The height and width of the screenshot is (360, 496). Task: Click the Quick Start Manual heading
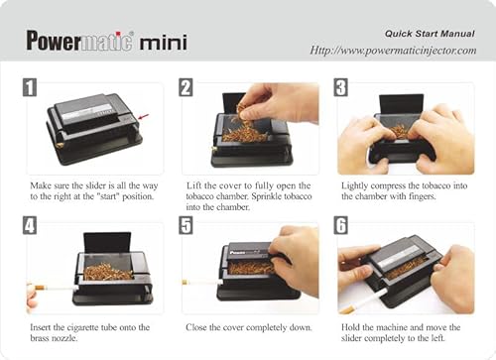click(428, 32)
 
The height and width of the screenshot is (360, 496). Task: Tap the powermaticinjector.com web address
click(393, 51)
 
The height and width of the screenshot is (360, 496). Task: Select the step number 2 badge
click(186, 87)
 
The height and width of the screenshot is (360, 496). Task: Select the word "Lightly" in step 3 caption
click(357, 185)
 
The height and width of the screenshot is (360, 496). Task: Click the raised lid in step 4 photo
click(108, 243)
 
